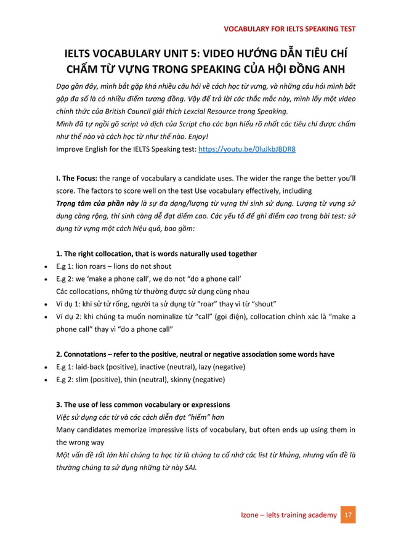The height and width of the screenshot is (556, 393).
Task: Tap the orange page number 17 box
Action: [x=348, y=515]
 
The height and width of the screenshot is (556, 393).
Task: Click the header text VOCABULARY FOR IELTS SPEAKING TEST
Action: [x=289, y=28]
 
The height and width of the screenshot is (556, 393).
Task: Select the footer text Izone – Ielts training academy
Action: [x=289, y=515]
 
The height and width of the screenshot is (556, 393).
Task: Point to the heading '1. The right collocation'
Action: [x=156, y=254]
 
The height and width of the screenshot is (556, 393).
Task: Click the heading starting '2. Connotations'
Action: [x=195, y=354]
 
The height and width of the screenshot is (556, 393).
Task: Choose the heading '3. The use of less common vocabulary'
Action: [x=143, y=405]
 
